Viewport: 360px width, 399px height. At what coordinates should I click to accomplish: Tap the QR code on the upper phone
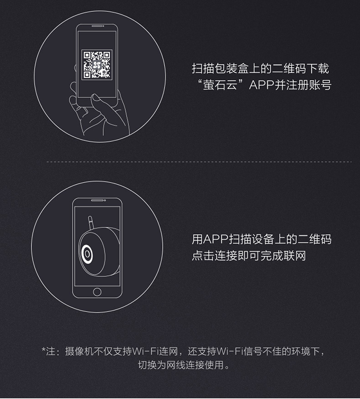[x=97, y=65]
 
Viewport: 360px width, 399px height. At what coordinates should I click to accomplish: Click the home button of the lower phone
[x=97, y=292]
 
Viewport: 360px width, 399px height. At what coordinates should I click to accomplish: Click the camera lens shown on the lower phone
[x=87, y=254]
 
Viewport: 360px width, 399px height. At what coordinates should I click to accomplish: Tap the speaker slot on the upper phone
[x=97, y=26]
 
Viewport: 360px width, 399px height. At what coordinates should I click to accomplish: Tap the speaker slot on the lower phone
[x=97, y=200]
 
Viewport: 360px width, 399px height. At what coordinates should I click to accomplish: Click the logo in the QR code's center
[x=97, y=65]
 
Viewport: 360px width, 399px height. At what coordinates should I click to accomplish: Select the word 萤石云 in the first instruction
[x=220, y=85]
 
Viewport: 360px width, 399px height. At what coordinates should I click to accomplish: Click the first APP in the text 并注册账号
[x=262, y=85]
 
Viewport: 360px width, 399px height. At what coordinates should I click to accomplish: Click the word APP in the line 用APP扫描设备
[x=216, y=239]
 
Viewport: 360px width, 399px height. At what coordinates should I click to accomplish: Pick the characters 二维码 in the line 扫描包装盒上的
[x=289, y=68]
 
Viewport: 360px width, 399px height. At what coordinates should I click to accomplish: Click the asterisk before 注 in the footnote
[x=43, y=349]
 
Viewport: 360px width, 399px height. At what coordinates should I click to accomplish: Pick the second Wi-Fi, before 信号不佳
[x=230, y=352]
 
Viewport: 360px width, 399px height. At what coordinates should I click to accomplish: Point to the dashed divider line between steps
[x=199, y=161]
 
